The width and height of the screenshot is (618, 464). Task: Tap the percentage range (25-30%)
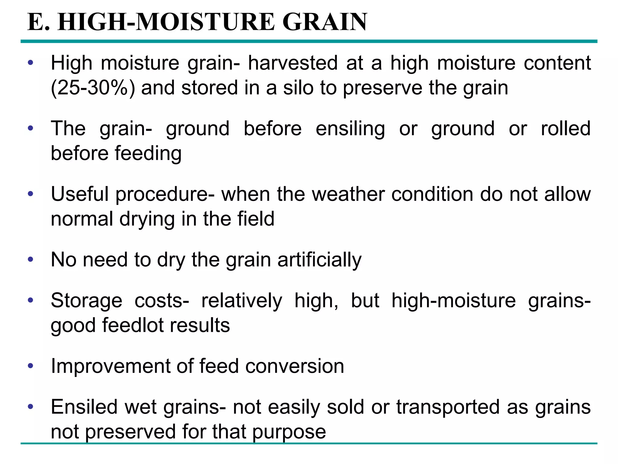[x=93, y=88]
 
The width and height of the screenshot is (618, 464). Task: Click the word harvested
[x=293, y=63]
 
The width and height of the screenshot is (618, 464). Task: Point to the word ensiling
[x=350, y=129]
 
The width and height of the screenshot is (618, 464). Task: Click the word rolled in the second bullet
[x=565, y=129]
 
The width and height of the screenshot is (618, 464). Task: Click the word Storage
[x=87, y=301]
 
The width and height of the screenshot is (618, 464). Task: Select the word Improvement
[x=110, y=366]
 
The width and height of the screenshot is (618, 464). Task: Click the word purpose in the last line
[x=289, y=432]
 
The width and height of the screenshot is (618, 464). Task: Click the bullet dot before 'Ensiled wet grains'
[x=30, y=407]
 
